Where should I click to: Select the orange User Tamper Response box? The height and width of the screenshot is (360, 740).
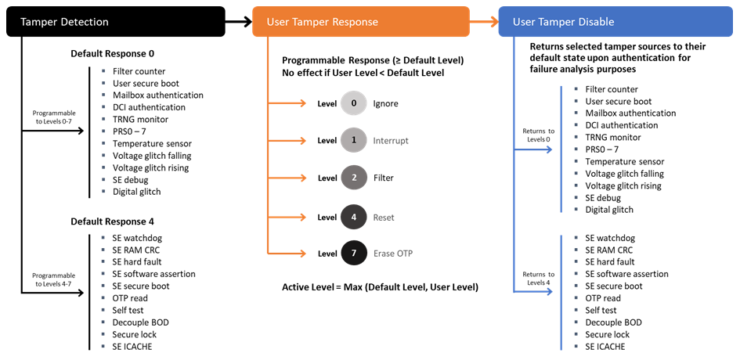point(360,21)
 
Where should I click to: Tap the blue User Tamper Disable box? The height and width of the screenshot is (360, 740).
point(617,21)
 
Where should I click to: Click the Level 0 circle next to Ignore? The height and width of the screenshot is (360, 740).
point(354,103)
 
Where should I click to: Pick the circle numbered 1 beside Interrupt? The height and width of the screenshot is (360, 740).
point(354,140)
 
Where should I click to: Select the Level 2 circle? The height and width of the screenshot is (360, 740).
point(354,178)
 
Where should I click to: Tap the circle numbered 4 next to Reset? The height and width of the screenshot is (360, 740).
point(354,217)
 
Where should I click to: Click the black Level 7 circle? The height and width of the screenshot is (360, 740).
point(354,253)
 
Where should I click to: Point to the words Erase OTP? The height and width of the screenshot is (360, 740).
point(393,253)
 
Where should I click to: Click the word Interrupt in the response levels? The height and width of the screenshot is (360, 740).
point(391,141)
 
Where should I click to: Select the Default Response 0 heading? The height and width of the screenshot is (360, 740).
point(112,54)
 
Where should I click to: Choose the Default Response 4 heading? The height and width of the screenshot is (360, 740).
point(112,221)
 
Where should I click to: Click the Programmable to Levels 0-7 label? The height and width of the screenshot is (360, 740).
point(54,117)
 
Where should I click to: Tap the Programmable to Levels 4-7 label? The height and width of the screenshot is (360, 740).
point(54,280)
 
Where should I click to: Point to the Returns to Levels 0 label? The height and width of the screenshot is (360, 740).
point(539,135)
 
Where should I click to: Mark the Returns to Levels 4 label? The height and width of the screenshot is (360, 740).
point(539,278)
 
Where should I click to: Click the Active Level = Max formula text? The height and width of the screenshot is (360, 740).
point(380,287)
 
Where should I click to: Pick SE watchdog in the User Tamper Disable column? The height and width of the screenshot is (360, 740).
point(610,238)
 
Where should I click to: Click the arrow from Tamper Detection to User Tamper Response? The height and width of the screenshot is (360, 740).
point(238,21)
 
